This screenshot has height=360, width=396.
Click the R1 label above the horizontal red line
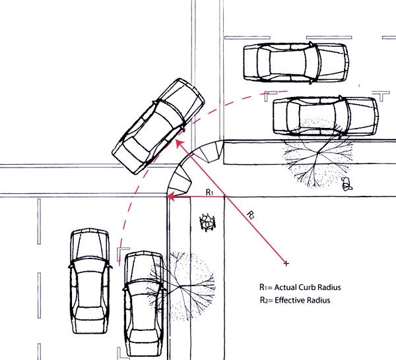(x=209, y=192)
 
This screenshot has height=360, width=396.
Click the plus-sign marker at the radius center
(x=286, y=264)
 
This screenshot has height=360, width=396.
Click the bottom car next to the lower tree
(x=143, y=303)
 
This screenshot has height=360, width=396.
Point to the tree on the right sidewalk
(x=313, y=156)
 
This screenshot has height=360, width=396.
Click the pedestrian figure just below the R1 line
(x=208, y=222)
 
